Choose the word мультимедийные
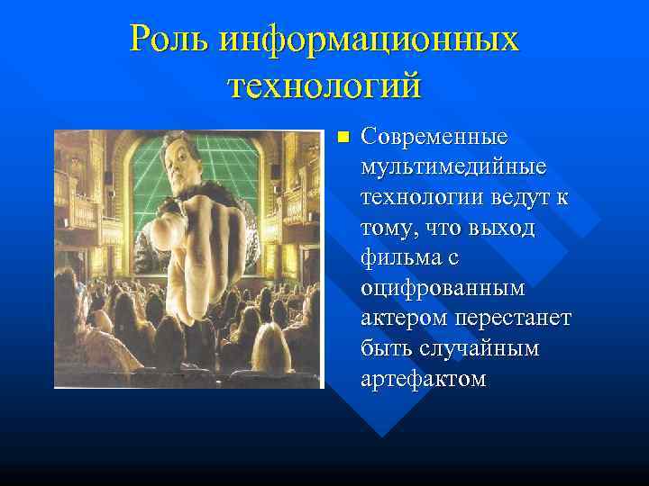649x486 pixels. click(x=452, y=167)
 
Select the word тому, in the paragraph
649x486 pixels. click(x=388, y=228)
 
